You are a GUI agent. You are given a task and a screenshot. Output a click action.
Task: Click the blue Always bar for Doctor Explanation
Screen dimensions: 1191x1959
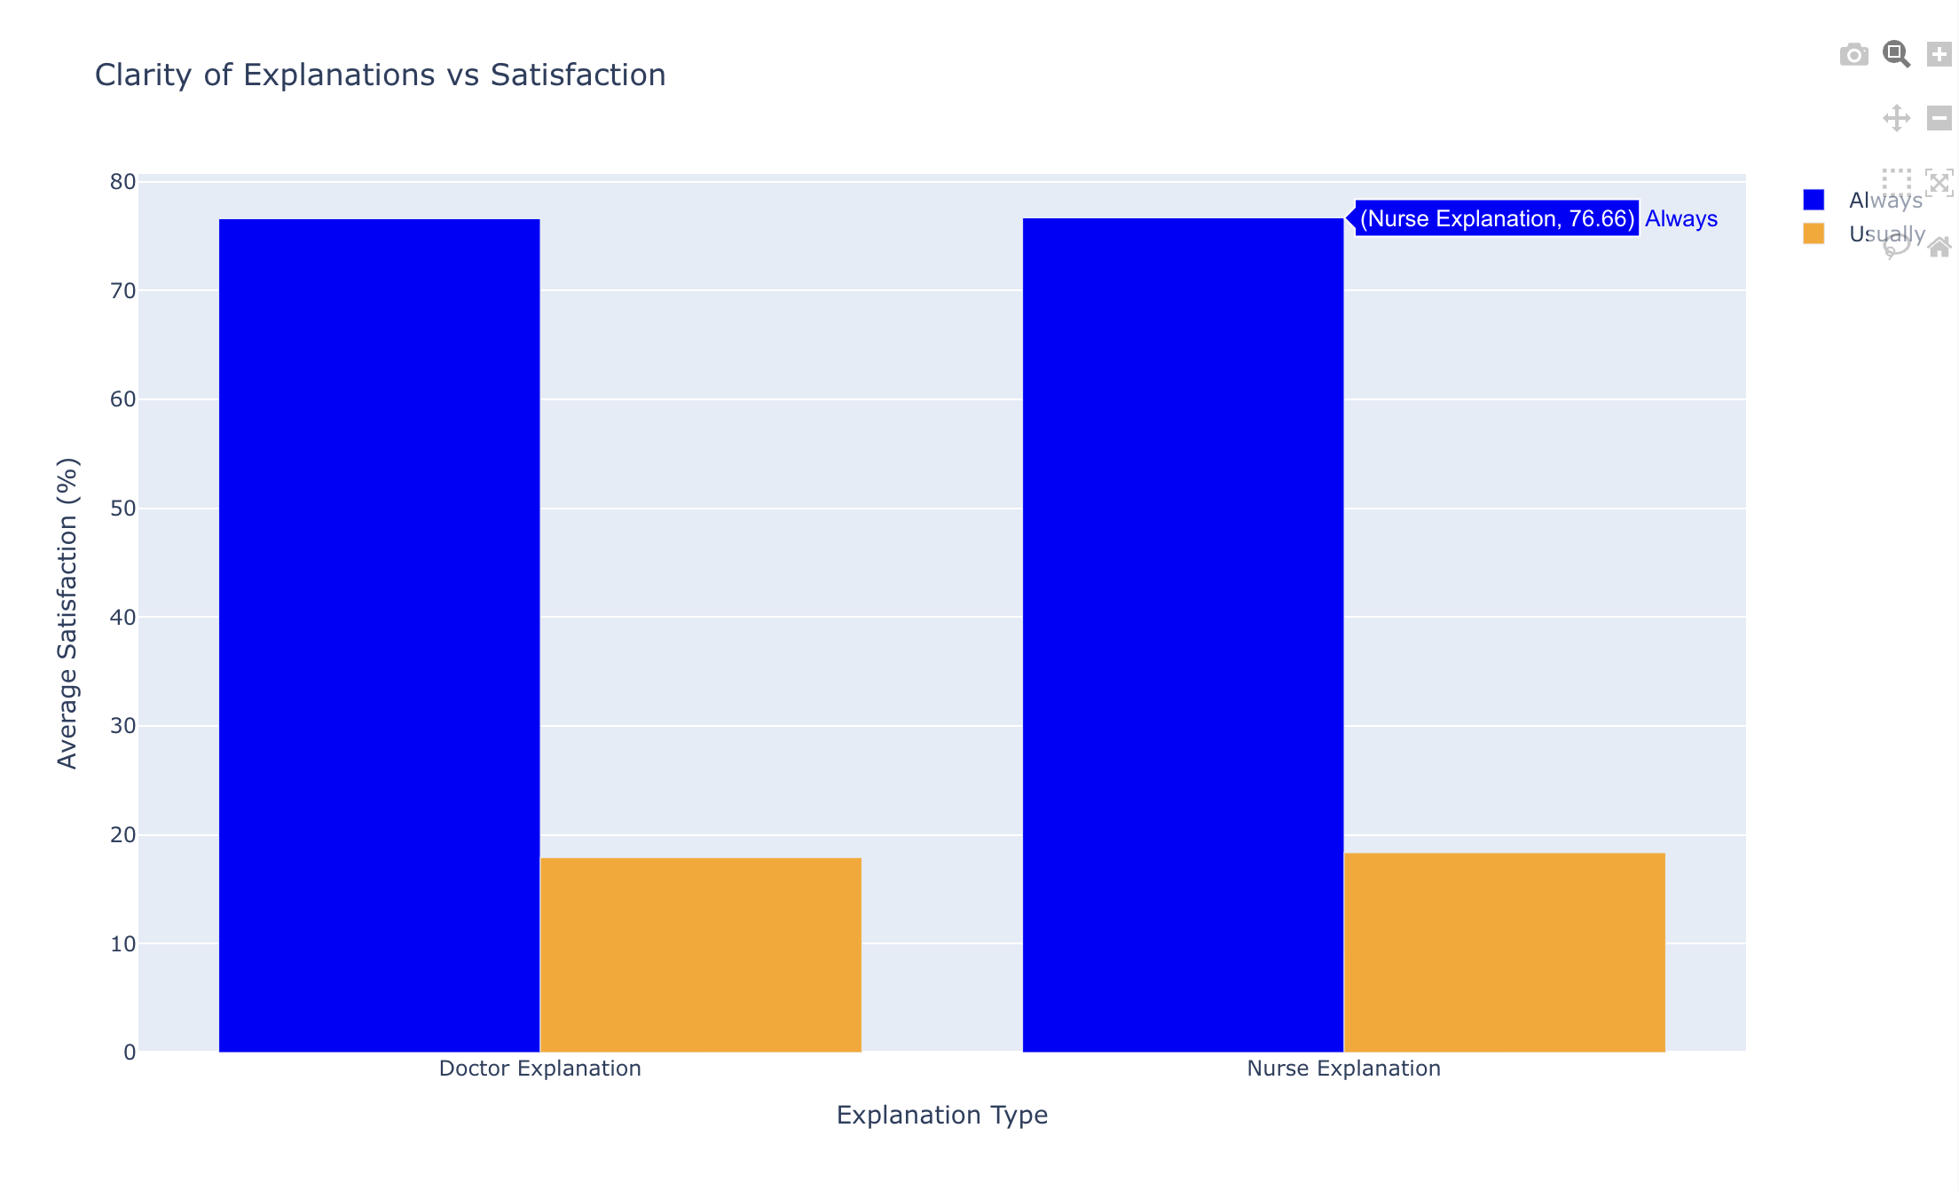(x=379, y=635)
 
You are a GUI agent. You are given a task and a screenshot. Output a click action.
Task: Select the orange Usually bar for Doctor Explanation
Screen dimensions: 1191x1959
(x=701, y=954)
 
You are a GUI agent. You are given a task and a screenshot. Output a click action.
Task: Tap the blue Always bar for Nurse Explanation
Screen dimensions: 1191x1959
(x=1183, y=635)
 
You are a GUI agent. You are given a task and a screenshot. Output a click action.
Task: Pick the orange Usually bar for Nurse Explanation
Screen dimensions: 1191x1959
(x=1505, y=952)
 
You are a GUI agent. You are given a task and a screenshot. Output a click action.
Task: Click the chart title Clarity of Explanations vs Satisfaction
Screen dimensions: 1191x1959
(x=380, y=75)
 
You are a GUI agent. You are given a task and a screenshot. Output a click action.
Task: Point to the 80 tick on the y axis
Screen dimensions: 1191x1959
(x=123, y=182)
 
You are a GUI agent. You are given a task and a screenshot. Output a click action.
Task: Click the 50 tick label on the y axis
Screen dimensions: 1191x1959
(x=123, y=509)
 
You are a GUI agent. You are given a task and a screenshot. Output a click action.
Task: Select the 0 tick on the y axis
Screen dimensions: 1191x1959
(x=130, y=1053)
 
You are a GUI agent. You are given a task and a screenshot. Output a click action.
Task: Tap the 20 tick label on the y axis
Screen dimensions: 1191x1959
(x=123, y=835)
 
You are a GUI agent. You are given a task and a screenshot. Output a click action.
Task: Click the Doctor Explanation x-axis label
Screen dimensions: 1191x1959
(x=539, y=1069)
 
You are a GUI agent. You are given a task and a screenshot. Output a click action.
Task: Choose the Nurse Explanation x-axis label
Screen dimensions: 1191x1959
(x=1343, y=1069)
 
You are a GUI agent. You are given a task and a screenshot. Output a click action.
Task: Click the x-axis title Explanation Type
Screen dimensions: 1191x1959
(x=941, y=1115)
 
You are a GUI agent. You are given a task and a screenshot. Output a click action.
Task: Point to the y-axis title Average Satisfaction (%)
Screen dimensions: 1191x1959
(x=67, y=612)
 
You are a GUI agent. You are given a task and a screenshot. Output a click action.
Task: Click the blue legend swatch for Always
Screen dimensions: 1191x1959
(x=1813, y=200)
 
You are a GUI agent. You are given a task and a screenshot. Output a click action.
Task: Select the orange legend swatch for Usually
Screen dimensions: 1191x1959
(x=1813, y=233)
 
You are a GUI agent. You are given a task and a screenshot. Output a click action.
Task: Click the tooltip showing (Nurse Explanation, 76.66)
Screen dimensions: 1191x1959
(x=1497, y=218)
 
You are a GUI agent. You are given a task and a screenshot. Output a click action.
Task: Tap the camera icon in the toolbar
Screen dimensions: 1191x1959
(x=1853, y=55)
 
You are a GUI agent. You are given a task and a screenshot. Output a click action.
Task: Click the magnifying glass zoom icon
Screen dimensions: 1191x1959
(x=1896, y=55)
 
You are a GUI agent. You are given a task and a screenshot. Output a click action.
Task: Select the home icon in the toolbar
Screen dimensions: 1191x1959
(x=1939, y=247)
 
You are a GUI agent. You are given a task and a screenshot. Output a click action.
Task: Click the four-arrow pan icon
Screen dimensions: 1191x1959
(x=1896, y=118)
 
